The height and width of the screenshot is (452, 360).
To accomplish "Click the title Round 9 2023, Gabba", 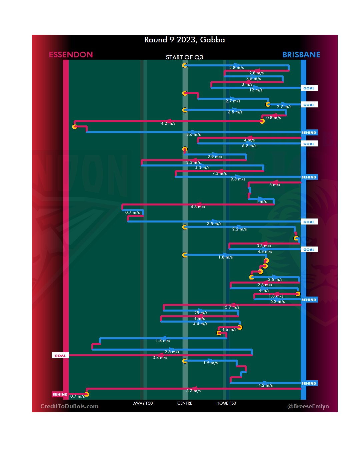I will point(184,40).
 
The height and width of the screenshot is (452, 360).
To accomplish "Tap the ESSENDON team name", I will point(71,55).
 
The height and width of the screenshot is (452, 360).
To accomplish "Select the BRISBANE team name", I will point(301,55).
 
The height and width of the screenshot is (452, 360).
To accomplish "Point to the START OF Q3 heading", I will point(184,57).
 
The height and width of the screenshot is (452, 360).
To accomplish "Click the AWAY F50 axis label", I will point(143,403).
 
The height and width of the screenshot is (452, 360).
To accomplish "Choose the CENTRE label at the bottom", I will point(185,403).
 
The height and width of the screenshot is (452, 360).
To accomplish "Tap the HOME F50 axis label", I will point(226,403).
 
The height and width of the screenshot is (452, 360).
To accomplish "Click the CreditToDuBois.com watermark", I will point(69,406).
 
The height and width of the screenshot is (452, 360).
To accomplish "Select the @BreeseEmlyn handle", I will point(308,406).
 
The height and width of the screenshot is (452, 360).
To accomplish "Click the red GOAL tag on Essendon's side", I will point(60,356).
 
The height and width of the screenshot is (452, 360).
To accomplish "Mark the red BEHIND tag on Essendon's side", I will point(60,394).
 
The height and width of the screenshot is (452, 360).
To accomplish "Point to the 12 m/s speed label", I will point(256,90).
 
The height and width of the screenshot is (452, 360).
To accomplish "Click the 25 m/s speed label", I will point(201,313).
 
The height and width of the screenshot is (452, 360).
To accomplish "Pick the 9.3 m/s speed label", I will point(238,179).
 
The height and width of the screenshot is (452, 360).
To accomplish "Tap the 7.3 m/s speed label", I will point(219,173).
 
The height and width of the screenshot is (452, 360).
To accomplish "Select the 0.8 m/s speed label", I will point(273,118).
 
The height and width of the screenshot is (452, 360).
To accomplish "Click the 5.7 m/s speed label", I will point(232,307).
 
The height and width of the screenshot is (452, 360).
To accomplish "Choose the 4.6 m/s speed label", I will point(229,330).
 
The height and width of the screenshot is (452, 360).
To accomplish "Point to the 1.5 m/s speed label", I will point(210,363).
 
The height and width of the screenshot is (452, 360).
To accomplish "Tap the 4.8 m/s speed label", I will point(198,207).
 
